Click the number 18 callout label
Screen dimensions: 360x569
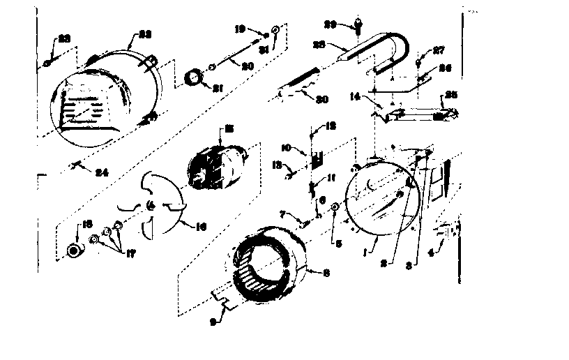[x=88, y=224]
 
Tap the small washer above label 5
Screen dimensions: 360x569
[x=335, y=207]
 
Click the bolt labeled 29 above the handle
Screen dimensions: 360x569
[x=358, y=27]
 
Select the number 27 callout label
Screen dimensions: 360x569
[x=440, y=50]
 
